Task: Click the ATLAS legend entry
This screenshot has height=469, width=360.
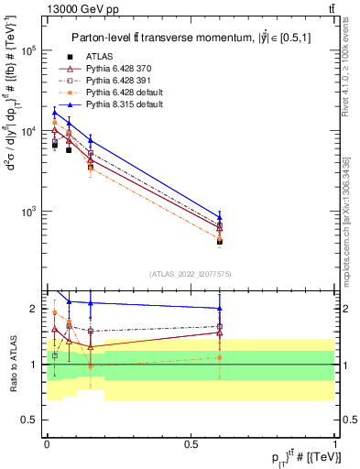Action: click(x=98, y=56)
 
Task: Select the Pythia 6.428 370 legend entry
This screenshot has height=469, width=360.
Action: click(x=115, y=69)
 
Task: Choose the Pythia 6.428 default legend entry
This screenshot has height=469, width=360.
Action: click(x=118, y=93)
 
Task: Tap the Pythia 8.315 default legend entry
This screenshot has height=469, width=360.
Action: click(x=118, y=106)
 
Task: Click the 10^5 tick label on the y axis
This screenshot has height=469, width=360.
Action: click(x=29, y=50)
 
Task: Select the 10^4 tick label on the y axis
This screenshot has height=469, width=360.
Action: click(x=29, y=131)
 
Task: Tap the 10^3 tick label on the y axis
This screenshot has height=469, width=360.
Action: click(x=29, y=212)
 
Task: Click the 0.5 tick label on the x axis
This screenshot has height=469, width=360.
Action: click(x=191, y=443)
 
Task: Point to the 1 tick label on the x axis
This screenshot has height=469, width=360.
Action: click(x=335, y=443)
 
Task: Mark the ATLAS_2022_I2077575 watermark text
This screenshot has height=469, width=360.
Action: click(x=191, y=274)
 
